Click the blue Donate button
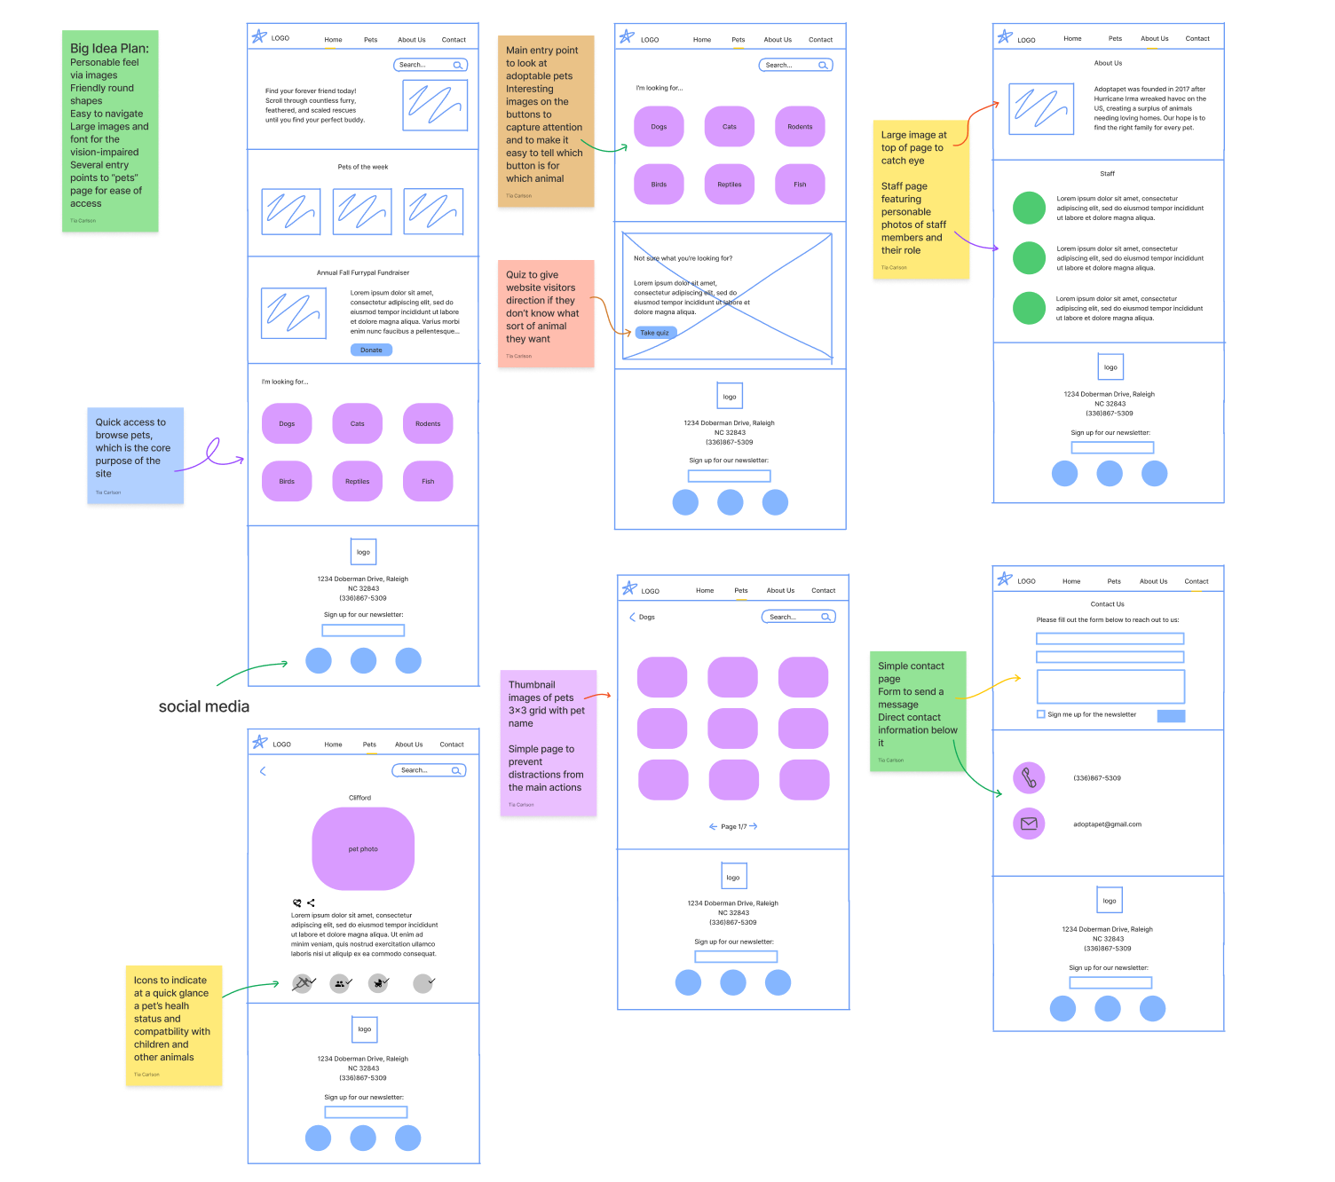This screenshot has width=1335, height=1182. point(371,350)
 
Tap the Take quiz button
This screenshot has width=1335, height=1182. point(655,333)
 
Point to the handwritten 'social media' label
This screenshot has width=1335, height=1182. point(204,706)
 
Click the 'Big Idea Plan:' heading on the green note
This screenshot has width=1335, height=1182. point(109,48)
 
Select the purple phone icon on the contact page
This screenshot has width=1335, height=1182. point(1029,778)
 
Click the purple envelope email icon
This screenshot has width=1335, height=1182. point(1029,823)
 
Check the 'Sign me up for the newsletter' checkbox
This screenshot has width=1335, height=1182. point(1041,714)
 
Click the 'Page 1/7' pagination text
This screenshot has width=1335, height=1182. point(733,826)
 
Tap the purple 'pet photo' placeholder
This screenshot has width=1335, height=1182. point(363,848)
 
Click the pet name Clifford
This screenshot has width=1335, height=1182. point(359,798)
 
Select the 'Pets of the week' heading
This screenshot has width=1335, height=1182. point(362,167)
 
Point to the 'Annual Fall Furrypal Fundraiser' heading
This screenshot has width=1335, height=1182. point(362,272)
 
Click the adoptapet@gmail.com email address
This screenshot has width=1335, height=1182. point(1107,824)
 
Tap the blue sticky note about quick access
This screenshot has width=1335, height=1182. point(135,455)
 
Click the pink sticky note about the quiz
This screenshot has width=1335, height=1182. point(546,313)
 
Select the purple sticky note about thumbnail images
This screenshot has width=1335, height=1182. point(548,743)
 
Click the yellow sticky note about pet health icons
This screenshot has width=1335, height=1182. point(173,1025)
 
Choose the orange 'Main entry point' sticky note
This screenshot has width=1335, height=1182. point(545,120)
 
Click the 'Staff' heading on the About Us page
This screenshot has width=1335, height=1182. point(1107,174)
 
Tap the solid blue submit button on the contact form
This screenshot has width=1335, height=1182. point(1171,716)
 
